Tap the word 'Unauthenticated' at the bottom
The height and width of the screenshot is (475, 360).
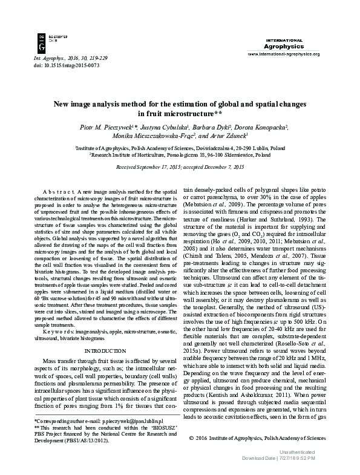pos(296,452)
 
